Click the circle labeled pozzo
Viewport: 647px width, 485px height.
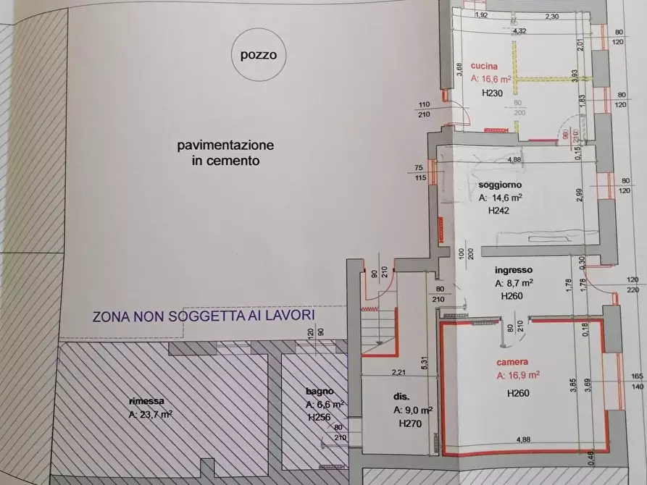259,54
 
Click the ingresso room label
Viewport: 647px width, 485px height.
514,270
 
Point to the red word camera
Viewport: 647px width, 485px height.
512,362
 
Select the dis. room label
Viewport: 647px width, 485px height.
401,397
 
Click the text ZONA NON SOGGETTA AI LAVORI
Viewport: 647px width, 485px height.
203,316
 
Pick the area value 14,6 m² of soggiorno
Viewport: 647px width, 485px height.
501,197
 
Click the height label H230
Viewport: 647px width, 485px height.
493,94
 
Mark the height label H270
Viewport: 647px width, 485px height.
412,424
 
